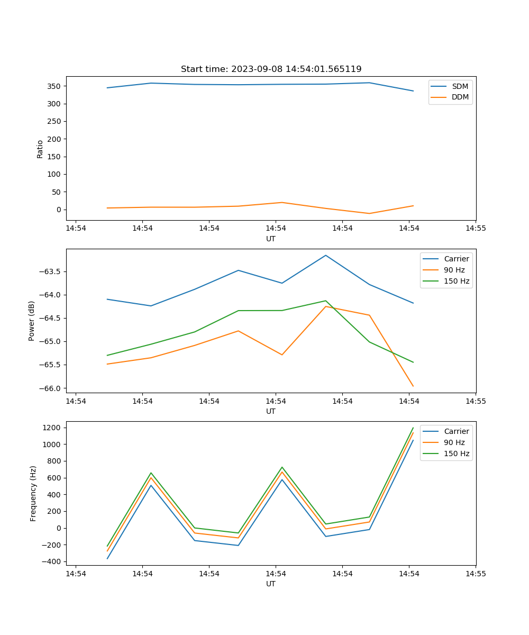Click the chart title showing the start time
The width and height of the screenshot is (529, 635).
tap(271, 69)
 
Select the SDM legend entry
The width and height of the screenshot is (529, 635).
tap(460, 86)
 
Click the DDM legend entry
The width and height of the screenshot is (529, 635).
tap(460, 97)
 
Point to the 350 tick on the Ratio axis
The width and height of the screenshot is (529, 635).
tap(56, 86)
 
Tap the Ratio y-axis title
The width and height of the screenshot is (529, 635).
tap(40, 149)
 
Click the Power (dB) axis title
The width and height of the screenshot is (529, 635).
tap(32, 321)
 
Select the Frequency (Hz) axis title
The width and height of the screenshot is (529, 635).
tap(33, 494)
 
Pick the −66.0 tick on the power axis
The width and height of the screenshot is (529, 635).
tap(52, 388)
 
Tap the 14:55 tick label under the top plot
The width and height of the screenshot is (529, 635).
tap(475, 229)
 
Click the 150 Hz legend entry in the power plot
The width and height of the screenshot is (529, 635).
tap(457, 281)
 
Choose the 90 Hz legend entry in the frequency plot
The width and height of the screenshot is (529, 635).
tap(454, 442)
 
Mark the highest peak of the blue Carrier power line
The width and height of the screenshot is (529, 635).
tap(326, 255)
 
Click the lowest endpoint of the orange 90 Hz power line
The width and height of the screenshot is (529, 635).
tap(413, 386)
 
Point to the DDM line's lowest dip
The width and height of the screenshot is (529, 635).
tap(369, 213)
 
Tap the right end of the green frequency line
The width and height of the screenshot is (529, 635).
tap(413, 428)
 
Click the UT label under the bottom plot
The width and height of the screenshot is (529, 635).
tap(271, 584)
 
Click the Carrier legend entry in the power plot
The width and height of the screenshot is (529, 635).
tap(457, 259)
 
